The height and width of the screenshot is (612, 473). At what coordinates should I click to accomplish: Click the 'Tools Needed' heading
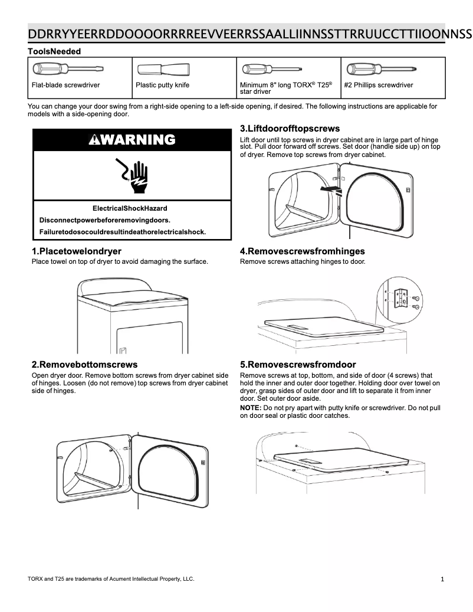[x=54, y=51]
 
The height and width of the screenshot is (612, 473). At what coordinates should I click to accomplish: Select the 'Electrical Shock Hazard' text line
[x=130, y=208]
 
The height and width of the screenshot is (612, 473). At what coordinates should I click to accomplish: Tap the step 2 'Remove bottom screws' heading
[x=84, y=364]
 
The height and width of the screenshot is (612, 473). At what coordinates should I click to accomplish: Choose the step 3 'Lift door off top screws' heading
[x=290, y=129]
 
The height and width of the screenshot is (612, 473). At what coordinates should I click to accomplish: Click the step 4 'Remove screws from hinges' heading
[x=302, y=251]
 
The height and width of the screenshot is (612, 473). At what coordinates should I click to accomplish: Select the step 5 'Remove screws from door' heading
[x=298, y=364]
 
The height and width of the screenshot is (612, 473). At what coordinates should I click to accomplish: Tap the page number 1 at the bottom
[x=442, y=579]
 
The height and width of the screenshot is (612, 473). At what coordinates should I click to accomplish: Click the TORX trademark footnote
[x=111, y=578]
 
